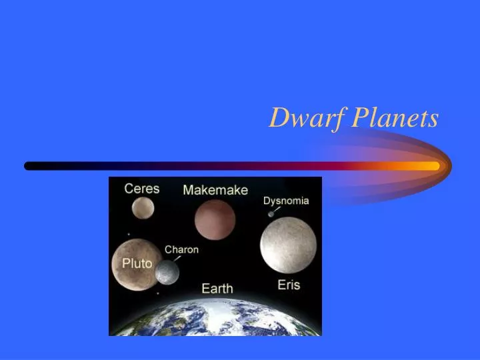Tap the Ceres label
[142, 189]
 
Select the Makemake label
[215, 190]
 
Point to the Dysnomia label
[286, 201]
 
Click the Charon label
[181, 250]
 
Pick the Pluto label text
[137, 263]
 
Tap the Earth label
[217, 289]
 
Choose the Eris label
[289, 285]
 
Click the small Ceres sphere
[142, 208]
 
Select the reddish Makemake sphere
[215, 219]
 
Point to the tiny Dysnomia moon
[271, 214]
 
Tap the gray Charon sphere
[167, 272]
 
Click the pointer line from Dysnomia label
[277, 209]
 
